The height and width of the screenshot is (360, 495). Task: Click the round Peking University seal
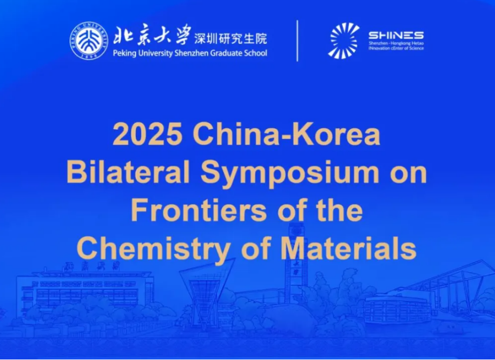coord(89,41)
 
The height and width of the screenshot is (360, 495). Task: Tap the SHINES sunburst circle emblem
coord(344,41)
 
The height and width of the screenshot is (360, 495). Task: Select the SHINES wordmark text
coord(396,35)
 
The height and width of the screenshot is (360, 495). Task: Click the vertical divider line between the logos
coord(298,41)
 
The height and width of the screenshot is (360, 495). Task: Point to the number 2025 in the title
coord(148,134)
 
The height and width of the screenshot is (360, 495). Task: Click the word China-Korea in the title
coord(287,134)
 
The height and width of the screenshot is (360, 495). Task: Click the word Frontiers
coord(199,210)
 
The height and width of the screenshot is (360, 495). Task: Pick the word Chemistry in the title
coord(154,249)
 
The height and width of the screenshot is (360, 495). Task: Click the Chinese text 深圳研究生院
coord(230,38)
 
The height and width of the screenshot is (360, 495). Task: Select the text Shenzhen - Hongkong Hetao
coord(396,43)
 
